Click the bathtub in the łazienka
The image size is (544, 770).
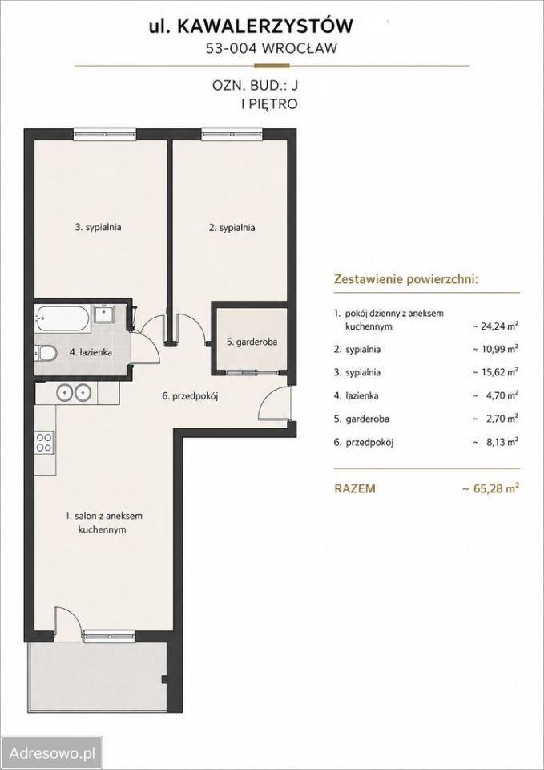[x=62, y=319]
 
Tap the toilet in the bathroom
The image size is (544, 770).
[x=45, y=353]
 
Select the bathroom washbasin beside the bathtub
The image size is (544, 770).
[x=104, y=314]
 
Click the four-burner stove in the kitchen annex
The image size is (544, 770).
[x=44, y=441]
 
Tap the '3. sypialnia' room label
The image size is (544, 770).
[x=99, y=227]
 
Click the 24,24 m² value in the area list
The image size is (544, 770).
[x=495, y=326]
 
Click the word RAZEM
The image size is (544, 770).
[x=355, y=489]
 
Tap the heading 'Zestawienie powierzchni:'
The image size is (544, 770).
[x=405, y=279]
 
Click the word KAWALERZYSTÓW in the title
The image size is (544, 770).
[x=264, y=27]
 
